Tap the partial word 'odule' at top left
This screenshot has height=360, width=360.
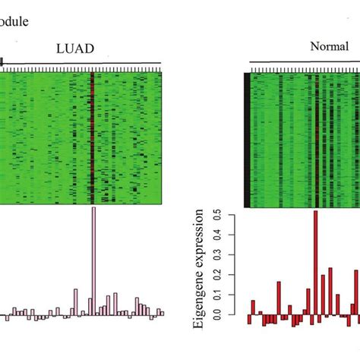click(x=14, y=21)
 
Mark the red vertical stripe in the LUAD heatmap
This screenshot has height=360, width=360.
click(x=93, y=137)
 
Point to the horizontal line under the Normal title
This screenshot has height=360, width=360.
click(x=304, y=63)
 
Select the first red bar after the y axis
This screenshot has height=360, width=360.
click(x=249, y=319)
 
